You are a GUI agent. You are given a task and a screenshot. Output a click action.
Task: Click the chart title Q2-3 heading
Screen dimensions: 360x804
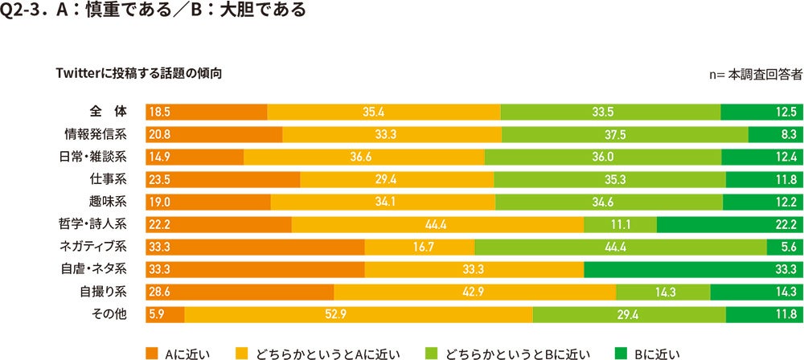point(154,12)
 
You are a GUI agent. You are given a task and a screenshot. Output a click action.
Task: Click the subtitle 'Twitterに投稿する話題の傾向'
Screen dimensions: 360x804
point(138,73)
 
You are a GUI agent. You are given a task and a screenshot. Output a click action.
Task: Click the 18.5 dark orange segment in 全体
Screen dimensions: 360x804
point(206,112)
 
